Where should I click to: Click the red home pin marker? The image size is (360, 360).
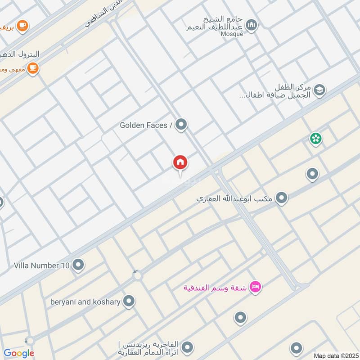tap(180, 162)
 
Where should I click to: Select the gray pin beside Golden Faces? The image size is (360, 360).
tap(181, 124)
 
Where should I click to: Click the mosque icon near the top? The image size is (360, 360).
tap(252, 25)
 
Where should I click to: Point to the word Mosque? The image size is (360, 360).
tap(233, 34)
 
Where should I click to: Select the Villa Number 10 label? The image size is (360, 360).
tap(42, 265)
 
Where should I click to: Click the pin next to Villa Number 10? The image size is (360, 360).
tap(78, 265)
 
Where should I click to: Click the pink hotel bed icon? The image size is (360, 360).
tap(255, 287)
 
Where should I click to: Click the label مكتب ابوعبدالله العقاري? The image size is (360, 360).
tap(234, 198)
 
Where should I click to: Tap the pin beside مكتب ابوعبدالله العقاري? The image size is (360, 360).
tap(282, 198)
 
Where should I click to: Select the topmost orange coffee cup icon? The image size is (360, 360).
tap(23, 26)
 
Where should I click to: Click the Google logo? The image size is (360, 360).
tap(19, 353)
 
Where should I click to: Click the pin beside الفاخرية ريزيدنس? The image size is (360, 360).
tap(188, 347)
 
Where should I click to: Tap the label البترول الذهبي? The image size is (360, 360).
tap(20, 54)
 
